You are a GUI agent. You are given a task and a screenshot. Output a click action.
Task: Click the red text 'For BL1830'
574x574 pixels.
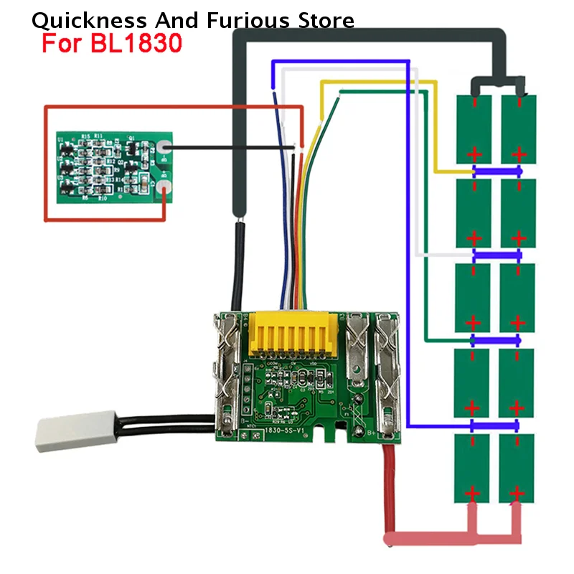111,44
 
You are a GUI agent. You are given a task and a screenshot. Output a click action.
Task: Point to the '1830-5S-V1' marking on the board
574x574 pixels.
285,430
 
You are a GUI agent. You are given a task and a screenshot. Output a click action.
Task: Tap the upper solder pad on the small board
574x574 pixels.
165,149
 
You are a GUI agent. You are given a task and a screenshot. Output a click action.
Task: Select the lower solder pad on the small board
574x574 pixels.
165,189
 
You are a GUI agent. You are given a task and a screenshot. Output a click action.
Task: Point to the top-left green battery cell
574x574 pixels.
474,128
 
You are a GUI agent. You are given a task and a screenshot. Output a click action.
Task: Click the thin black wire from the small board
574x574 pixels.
230,149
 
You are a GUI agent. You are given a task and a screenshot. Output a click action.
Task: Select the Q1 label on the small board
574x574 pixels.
131,136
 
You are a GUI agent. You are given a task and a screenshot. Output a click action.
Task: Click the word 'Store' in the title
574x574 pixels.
326,20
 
